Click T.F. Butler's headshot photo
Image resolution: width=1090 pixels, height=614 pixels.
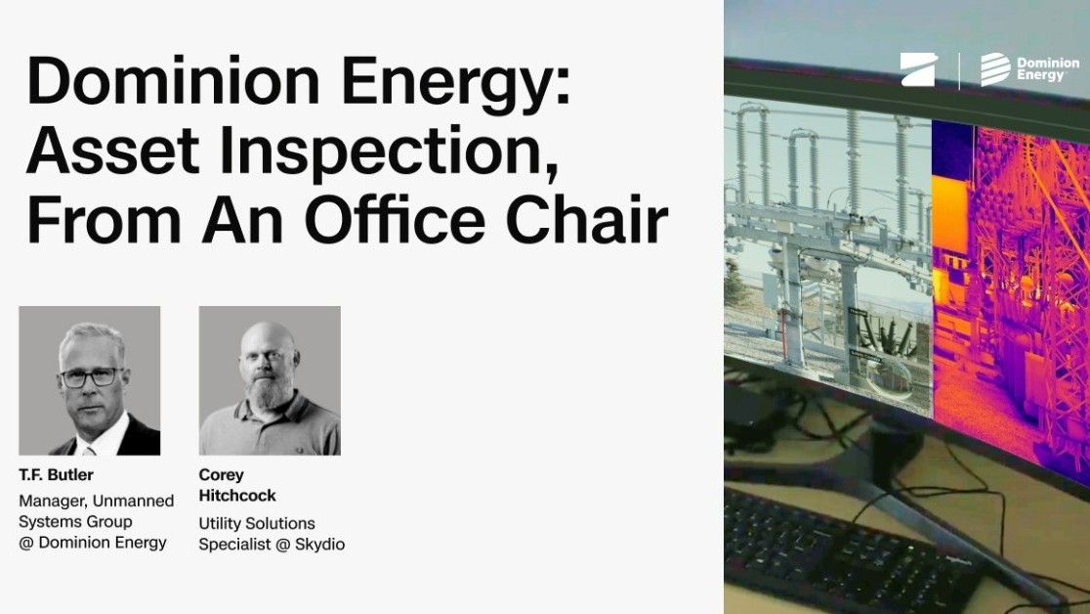(x=90, y=380)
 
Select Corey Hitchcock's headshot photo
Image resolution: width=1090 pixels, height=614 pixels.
(x=270, y=380)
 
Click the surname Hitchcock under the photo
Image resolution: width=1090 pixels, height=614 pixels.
(x=237, y=496)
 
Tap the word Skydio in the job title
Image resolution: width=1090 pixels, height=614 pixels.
(x=318, y=544)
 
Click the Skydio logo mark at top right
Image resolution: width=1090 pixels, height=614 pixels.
(x=918, y=70)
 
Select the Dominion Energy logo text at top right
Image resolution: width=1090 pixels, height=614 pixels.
(x=1034, y=69)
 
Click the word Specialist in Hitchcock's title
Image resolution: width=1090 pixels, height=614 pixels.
(x=232, y=544)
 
